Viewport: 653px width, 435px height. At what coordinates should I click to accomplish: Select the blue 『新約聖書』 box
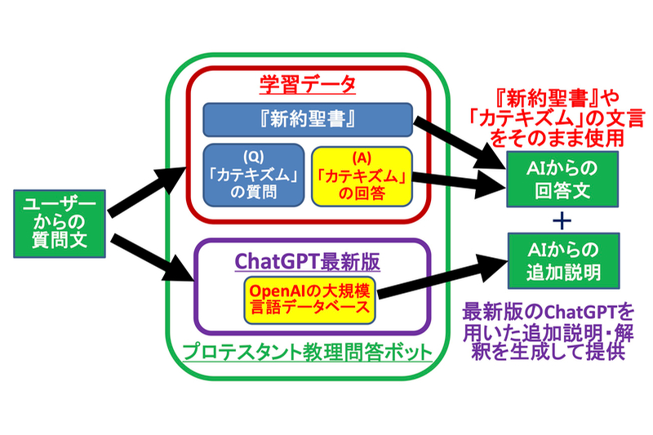(307, 120)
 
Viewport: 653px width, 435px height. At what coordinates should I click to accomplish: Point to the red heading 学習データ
(307, 85)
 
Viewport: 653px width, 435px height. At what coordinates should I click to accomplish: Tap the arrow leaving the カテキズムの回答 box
(457, 181)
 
